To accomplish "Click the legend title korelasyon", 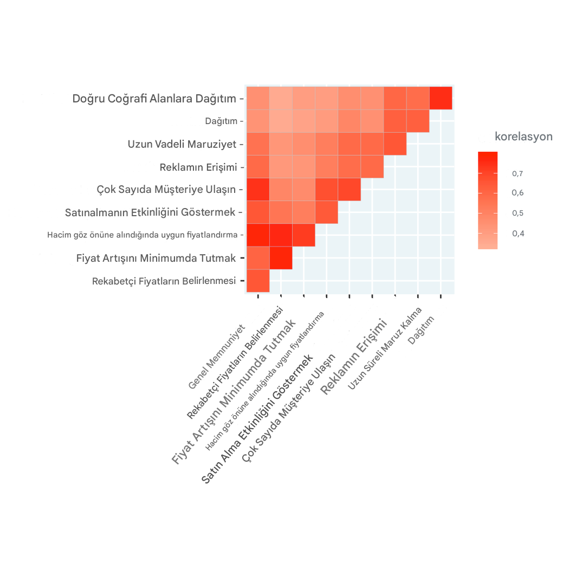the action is tap(523, 137).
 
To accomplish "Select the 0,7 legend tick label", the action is tap(518, 174).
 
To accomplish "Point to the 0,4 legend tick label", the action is tap(518, 234).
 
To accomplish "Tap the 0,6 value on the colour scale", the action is tap(518, 193).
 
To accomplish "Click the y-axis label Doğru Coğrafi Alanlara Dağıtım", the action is tap(154, 99).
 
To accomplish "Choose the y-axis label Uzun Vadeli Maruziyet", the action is tap(182, 144).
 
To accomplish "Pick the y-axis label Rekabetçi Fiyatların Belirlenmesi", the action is tap(164, 281).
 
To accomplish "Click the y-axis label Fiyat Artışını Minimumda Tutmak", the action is tap(156, 258).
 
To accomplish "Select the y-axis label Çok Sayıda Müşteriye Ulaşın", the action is tap(166, 190).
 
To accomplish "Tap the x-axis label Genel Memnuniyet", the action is tap(217, 357).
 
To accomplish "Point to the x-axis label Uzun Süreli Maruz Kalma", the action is tap(385, 348).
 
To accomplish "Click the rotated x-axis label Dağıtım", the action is tap(421, 330).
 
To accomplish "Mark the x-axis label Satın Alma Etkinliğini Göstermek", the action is tap(257, 419).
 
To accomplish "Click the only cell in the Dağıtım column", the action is tap(441, 98).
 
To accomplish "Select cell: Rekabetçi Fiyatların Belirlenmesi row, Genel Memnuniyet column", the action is tap(258, 281).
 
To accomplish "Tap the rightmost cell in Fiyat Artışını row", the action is tap(281, 257).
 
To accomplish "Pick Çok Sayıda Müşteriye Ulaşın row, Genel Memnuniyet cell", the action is tap(258, 189).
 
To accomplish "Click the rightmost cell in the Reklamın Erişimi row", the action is tap(372, 166).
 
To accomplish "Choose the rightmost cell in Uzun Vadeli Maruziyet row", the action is tap(395, 144).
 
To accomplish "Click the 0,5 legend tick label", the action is tap(518, 213).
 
